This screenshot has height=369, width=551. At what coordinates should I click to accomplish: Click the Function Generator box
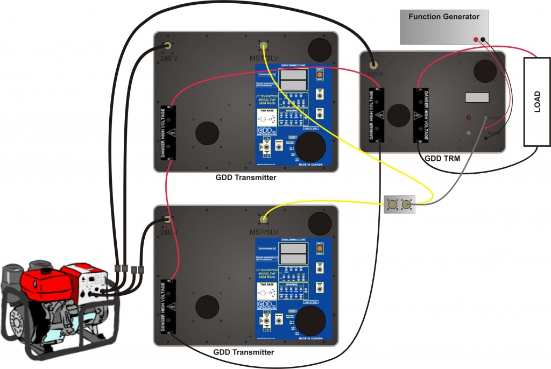tap(443, 26)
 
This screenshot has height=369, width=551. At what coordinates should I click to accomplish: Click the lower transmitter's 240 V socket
tap(168, 219)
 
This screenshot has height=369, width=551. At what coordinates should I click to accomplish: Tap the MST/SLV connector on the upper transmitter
tap(264, 46)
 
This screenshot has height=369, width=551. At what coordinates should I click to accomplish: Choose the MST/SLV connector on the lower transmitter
tap(264, 219)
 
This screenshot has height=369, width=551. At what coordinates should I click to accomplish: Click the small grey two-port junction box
tap(400, 204)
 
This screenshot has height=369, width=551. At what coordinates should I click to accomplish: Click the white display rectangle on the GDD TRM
tap(477, 97)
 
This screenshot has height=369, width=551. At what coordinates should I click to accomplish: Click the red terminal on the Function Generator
tap(476, 39)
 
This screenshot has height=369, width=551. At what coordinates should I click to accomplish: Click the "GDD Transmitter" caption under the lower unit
tap(244, 352)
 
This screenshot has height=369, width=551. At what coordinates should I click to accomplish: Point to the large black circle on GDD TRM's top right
tap(485, 71)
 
